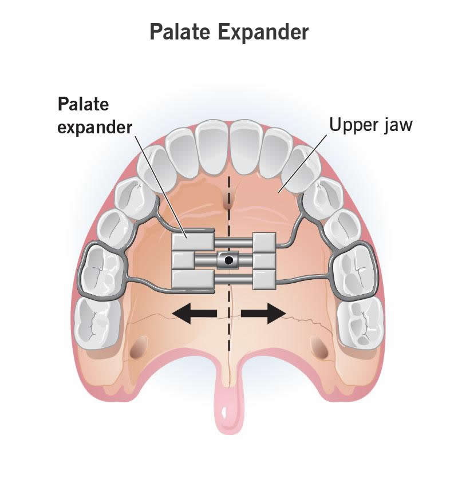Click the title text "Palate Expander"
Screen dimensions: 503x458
click(229, 32)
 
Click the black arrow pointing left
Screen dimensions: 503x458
click(195, 313)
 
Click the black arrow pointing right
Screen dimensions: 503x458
click(263, 313)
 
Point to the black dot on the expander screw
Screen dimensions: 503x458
click(229, 260)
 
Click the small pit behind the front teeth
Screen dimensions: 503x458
click(228, 201)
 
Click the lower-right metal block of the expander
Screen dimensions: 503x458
click(265, 280)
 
